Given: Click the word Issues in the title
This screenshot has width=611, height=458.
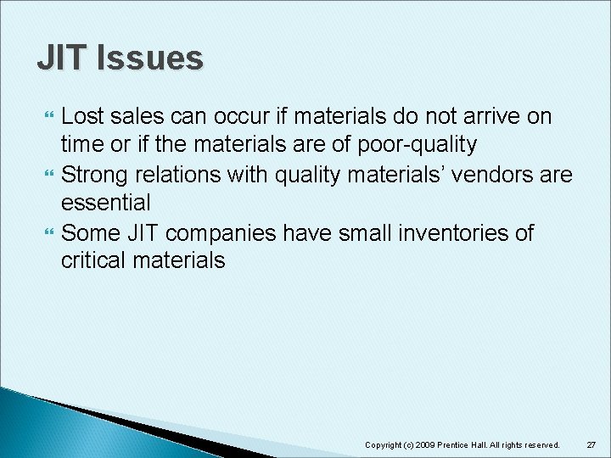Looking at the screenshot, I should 150,58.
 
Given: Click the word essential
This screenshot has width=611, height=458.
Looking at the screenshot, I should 106,203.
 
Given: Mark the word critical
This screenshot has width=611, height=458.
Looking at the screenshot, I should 93,260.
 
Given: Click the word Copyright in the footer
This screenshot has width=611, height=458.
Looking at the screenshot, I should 384,444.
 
